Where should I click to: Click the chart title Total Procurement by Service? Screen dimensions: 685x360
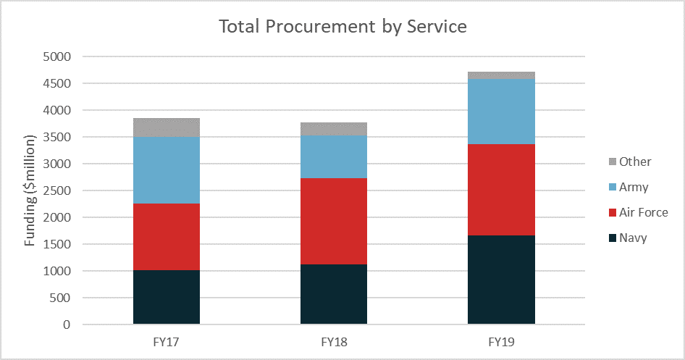(342, 27)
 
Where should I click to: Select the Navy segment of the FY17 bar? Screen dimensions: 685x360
(167, 297)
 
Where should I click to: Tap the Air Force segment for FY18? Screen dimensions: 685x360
(334, 221)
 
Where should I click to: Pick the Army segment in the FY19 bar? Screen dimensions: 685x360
(501, 112)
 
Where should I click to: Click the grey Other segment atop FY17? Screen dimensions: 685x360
(167, 127)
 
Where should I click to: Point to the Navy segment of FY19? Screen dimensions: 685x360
(501, 280)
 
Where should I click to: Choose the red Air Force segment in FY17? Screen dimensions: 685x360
(167, 237)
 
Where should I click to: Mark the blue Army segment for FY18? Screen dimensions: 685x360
(334, 157)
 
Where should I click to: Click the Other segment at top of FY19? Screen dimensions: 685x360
(501, 75)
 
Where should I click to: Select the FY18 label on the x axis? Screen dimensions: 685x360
(334, 342)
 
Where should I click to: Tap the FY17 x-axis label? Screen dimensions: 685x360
(166, 342)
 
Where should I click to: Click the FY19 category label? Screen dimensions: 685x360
(501, 342)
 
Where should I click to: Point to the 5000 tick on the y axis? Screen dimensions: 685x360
(56, 56)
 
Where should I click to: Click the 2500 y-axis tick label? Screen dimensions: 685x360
(56, 191)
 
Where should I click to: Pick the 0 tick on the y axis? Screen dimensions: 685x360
(67, 325)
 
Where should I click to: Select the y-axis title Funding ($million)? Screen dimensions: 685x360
(29, 191)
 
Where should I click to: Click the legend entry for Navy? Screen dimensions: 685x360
(628, 238)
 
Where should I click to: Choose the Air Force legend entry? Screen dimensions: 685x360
(638, 212)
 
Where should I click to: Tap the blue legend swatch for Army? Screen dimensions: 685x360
(613, 187)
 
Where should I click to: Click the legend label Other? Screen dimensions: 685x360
(635, 162)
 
